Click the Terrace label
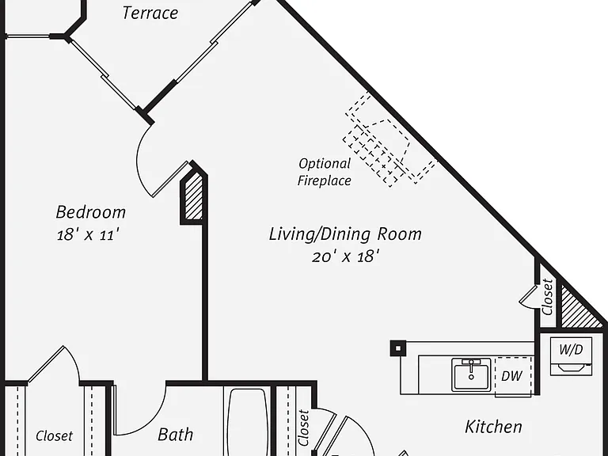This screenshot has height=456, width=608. [x=150, y=13]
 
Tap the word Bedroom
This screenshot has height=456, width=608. [x=91, y=212]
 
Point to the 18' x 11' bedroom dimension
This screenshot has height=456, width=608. [x=88, y=234]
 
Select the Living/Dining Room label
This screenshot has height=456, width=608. [x=345, y=234]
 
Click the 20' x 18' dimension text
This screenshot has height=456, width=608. [x=345, y=256]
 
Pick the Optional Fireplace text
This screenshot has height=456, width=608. [x=324, y=172]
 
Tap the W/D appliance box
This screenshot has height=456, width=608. [x=571, y=356]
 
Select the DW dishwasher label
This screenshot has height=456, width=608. [x=512, y=376]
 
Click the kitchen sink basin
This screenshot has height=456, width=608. [x=471, y=374]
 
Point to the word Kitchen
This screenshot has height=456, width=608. [x=493, y=427]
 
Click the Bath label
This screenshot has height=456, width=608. [x=175, y=435]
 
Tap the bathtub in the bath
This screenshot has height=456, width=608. [x=247, y=422]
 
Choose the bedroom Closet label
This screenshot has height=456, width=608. [x=54, y=436]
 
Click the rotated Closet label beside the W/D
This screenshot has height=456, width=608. [x=547, y=297]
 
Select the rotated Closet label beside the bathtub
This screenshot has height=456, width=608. [x=303, y=427]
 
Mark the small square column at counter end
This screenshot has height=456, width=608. [x=398, y=348]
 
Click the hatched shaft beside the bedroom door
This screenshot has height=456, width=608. [x=193, y=196]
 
